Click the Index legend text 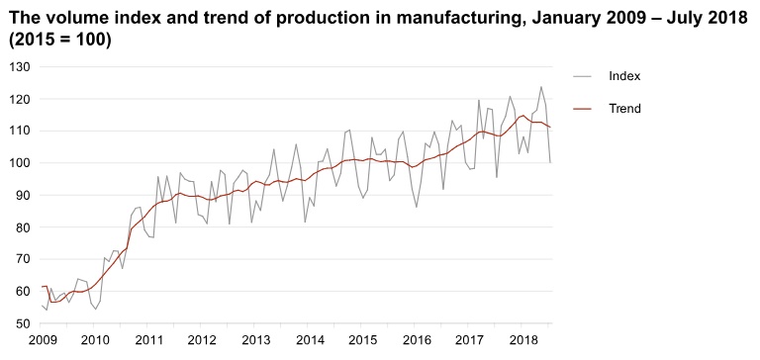coord(624,76)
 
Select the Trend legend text coord(624,109)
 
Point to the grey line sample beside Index coord(583,76)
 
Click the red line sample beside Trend coord(583,109)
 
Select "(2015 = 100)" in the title coord(60,41)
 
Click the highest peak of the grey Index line coord(541,87)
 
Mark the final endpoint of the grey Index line coord(550,162)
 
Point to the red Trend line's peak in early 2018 coord(522,116)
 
